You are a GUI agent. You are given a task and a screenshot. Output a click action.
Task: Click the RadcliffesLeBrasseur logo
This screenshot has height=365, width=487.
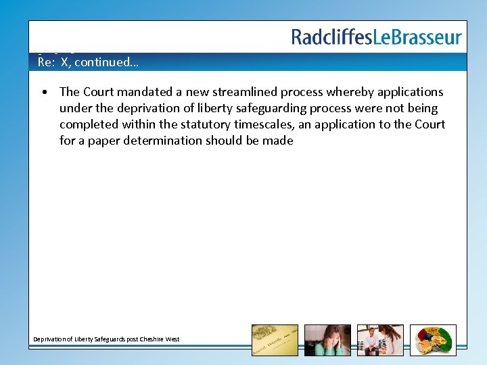click(376, 37)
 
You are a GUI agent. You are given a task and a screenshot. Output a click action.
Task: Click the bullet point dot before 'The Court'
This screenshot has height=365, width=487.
click(43, 92)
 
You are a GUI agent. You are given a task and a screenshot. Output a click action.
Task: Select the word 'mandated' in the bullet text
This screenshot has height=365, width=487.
click(143, 92)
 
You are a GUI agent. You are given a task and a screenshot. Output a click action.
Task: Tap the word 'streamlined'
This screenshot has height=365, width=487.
click(245, 92)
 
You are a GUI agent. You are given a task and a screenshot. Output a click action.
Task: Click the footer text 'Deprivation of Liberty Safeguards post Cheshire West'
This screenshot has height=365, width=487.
click(107, 339)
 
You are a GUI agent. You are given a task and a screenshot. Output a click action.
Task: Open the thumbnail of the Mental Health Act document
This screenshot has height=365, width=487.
click(275, 340)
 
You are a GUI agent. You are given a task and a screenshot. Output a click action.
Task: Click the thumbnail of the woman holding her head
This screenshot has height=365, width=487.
click(327, 340)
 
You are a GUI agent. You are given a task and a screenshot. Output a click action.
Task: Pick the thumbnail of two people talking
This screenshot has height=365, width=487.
click(380, 340)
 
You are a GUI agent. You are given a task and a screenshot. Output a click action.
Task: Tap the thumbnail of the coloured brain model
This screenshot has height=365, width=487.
click(433, 340)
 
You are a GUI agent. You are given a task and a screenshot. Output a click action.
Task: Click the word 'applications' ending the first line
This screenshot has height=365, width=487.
click(410, 92)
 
